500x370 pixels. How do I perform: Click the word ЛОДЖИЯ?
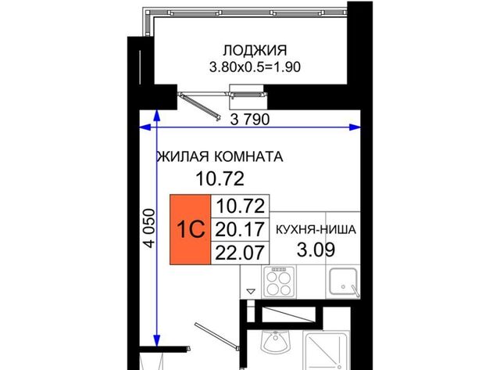255,50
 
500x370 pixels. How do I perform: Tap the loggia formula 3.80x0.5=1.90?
255,67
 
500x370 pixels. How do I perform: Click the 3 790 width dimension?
250,120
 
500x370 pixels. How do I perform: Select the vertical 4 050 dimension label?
149,228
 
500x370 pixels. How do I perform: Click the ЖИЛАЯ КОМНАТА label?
220,156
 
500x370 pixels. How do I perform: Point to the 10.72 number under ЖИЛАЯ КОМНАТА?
220,178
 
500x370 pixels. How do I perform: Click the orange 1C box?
190,229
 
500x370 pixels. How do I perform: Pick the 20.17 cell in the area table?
240,229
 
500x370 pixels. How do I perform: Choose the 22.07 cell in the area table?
240,253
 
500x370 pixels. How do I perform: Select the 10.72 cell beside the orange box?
240,207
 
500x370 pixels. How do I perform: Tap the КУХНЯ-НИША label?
316,229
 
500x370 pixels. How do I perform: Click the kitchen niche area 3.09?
316,250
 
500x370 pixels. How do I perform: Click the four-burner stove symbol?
279,282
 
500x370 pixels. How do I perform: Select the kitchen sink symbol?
344,282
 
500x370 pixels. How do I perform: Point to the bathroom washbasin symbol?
275,341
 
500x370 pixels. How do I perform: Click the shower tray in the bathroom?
326,350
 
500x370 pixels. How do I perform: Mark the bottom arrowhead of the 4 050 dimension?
156,340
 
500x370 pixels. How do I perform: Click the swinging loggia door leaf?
200,106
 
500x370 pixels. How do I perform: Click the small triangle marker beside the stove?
252,291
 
